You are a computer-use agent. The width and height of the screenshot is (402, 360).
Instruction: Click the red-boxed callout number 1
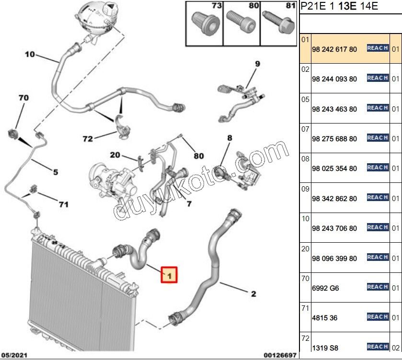click(x=169, y=275)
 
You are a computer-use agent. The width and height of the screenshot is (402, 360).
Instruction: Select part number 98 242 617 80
click(x=334, y=49)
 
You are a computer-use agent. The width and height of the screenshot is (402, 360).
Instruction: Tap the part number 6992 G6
click(x=325, y=288)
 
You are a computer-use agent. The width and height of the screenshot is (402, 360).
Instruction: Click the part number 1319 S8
click(x=325, y=348)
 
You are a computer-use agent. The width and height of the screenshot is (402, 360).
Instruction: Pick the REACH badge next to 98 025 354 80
click(x=377, y=168)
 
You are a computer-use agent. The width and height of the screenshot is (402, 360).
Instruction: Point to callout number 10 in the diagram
click(x=30, y=55)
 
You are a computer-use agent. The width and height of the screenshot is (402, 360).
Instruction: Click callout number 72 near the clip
click(x=87, y=139)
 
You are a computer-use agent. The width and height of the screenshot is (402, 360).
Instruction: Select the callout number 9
click(x=257, y=64)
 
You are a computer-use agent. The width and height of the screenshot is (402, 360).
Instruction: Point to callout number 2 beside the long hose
click(x=253, y=293)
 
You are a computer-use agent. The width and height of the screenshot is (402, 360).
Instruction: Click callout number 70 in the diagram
click(x=23, y=98)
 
